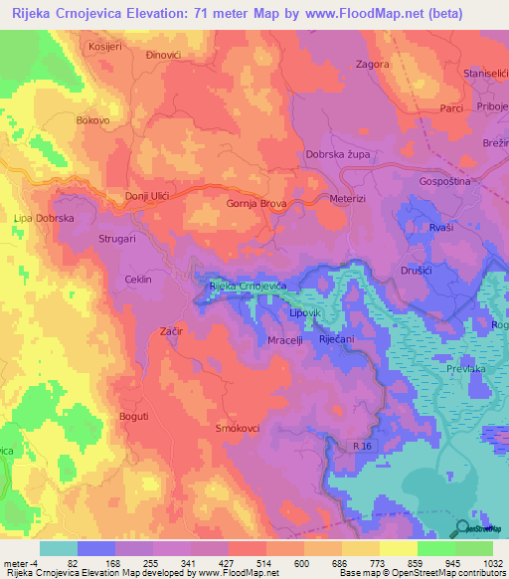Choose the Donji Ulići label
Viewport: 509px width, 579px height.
tap(147, 197)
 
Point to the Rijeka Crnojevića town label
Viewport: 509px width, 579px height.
tap(248, 286)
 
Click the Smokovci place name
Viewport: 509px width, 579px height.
tap(239, 428)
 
